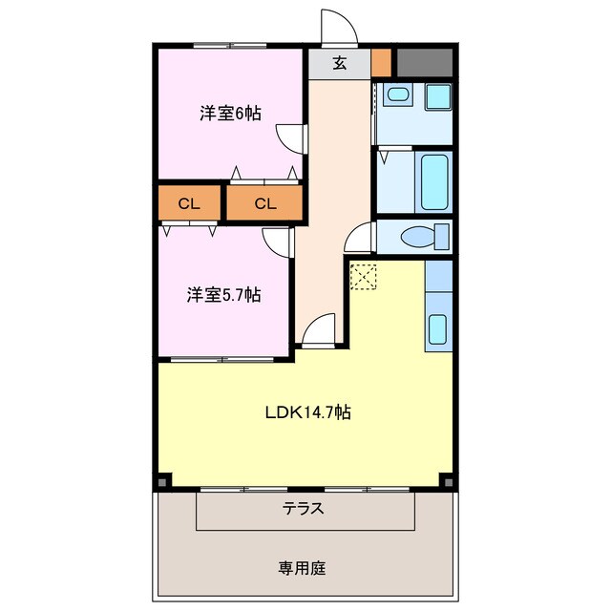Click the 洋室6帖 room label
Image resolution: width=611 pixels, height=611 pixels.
pyautogui.click(x=230, y=114)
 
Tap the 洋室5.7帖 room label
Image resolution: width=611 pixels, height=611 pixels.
pyautogui.click(x=223, y=295)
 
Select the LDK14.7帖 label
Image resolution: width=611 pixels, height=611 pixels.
pyautogui.click(x=307, y=413)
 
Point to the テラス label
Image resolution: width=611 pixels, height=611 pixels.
pyautogui.click(x=303, y=509)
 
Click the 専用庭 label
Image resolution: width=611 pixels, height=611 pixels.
pyautogui.click(x=303, y=568)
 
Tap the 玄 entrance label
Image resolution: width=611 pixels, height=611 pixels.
pyautogui.click(x=339, y=64)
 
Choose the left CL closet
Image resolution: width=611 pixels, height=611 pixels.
pyautogui.click(x=189, y=203)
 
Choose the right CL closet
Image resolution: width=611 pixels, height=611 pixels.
pyautogui.click(x=264, y=203)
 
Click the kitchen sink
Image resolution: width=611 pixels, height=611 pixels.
pyautogui.click(x=437, y=328)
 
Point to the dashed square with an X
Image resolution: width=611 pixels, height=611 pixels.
pyautogui.click(x=363, y=276)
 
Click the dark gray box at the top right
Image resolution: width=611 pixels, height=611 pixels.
pyautogui.click(x=423, y=62)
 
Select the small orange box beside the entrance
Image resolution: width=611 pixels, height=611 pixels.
pyautogui.click(x=381, y=62)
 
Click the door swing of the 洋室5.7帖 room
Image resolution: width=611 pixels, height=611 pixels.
pyautogui.click(x=279, y=242)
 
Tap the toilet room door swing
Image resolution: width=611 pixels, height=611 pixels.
pyautogui.click(x=361, y=237)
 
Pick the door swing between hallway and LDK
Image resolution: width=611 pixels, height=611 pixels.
pyautogui.click(x=317, y=329)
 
